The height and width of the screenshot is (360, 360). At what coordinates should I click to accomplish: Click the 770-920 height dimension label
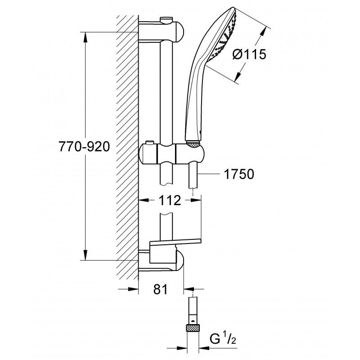click(84, 147)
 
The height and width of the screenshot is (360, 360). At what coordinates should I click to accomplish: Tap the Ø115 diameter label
click(249, 54)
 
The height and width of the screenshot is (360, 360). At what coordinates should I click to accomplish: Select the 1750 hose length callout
click(239, 174)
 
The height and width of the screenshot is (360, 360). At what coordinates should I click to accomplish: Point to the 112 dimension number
click(170, 200)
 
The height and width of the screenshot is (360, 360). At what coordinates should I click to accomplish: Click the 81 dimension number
click(161, 289)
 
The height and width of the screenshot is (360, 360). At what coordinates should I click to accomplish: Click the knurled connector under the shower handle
click(193, 144)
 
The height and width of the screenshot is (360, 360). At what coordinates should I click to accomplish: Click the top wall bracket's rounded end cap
click(180, 31)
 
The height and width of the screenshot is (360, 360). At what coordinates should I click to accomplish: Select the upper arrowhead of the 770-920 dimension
click(85, 37)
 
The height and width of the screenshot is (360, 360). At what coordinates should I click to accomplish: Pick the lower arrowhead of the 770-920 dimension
click(85, 255)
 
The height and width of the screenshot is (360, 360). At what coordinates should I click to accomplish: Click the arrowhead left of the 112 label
click(144, 200)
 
